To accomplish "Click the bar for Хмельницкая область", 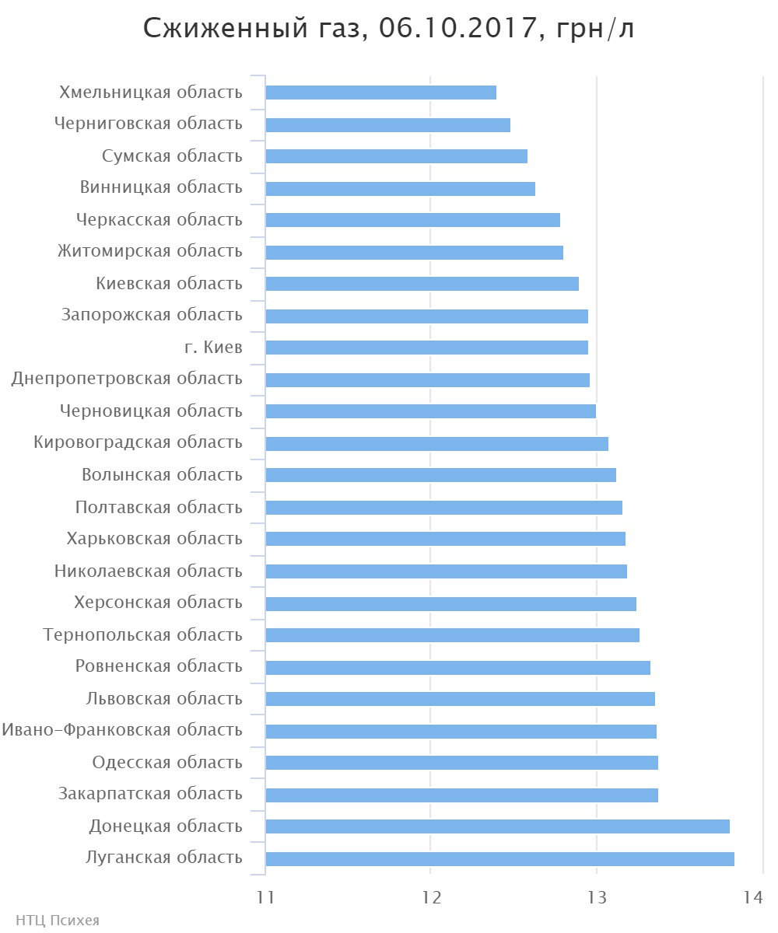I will tap(381, 93).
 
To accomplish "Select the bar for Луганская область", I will tap(499, 858).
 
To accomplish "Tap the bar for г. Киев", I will tap(426, 348).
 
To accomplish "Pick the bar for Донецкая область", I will tap(497, 826).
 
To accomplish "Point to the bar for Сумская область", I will tap(397, 156).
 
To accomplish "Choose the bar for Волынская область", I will tap(440, 475).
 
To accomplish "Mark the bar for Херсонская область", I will tap(450, 603).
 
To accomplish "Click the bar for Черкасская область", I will tap(412, 220).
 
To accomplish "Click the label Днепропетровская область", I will tap(127, 379).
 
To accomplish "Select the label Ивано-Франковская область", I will tap(122, 730).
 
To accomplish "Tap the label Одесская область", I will tap(167, 762).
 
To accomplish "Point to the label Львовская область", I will tap(164, 698).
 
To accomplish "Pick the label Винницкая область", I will tap(161, 187).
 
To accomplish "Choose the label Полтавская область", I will tap(159, 507).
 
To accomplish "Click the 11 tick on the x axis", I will tap(265, 897).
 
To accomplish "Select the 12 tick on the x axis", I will tap(431, 897).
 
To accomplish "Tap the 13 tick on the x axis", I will tap(597, 897).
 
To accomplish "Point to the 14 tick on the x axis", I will tap(752, 897).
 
